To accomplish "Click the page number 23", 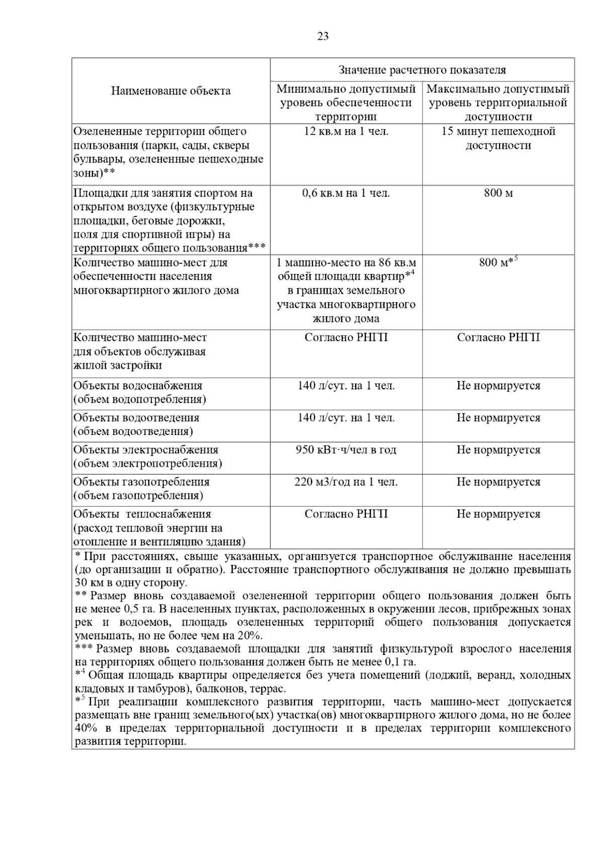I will (x=323, y=36).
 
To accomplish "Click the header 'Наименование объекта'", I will (x=171, y=91).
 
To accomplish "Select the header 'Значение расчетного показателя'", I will (x=422, y=70).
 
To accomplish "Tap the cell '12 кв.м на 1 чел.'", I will (x=346, y=132).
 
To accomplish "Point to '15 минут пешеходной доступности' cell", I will (x=498, y=139).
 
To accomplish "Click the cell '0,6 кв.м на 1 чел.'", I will (x=346, y=193).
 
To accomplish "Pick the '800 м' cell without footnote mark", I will (x=498, y=193).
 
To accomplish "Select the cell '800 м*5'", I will (x=498, y=262).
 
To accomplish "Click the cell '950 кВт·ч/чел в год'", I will (x=346, y=450).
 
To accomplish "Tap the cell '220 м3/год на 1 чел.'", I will (x=346, y=482).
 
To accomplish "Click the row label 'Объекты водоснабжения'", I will (x=138, y=386).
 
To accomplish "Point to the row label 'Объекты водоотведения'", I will (x=137, y=418).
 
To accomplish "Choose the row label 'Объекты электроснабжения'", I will (x=146, y=450).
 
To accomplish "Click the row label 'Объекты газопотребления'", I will (x=142, y=482).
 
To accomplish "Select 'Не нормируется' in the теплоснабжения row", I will (x=498, y=514).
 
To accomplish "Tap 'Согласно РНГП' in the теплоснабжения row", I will (x=346, y=514).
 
